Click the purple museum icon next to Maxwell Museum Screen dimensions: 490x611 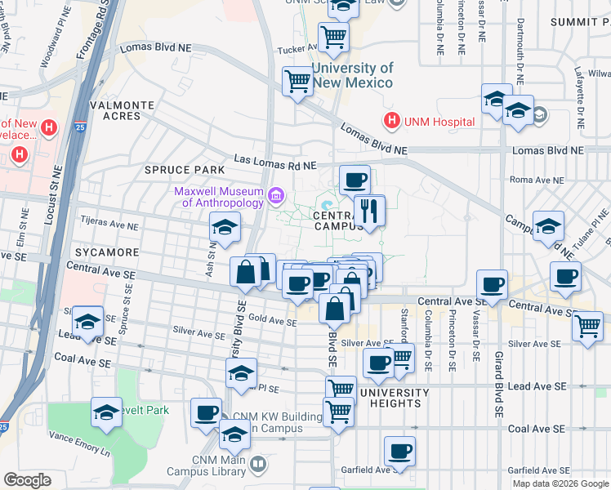coord(276,197)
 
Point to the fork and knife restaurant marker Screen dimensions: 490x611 coord(369,211)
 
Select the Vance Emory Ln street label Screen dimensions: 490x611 coord(79,443)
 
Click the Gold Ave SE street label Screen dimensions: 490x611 coord(272,322)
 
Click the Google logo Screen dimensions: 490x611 coord(27,480)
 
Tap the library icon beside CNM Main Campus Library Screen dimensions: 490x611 coord(258,464)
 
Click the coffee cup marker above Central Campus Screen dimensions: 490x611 coord(354,180)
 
